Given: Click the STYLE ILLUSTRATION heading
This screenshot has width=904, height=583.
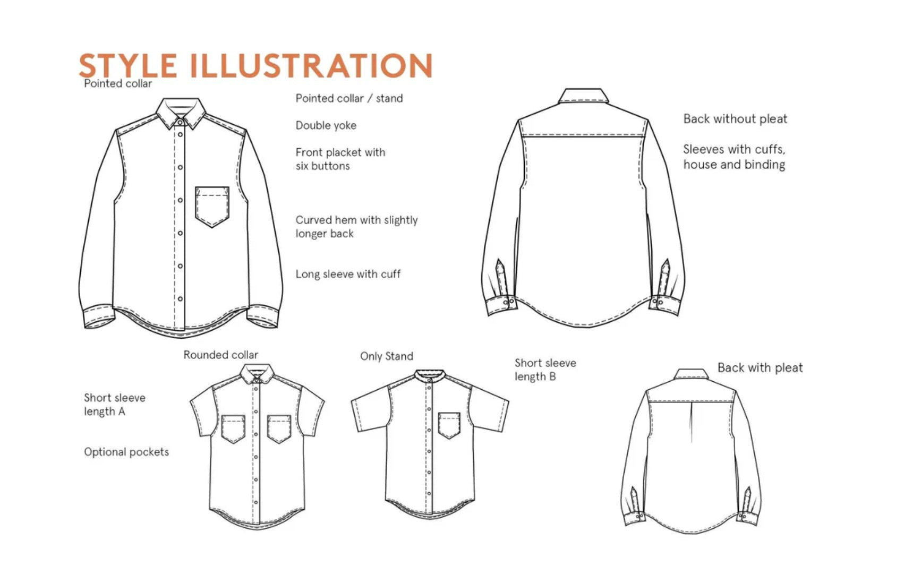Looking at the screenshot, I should coord(255,65).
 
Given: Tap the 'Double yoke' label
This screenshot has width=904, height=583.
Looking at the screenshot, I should coord(326,125).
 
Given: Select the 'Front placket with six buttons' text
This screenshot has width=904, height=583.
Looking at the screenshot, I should coord(340,159).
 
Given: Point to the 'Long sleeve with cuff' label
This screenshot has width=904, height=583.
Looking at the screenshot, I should coord(348,274).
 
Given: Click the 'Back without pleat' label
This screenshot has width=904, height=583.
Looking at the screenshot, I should coord(735,119).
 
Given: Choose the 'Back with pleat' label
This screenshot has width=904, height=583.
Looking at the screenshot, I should coord(760,367).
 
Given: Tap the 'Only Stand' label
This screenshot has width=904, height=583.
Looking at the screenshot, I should coord(386,356).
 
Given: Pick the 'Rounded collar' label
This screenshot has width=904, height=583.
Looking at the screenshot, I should coord(220,355).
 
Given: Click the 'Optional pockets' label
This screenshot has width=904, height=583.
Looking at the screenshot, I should coord(126,452).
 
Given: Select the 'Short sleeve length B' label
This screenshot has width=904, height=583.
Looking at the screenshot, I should coord(545,370).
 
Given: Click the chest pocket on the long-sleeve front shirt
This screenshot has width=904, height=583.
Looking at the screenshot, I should coord(212,206).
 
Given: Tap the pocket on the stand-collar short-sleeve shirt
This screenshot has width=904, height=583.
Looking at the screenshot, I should coord(449,425).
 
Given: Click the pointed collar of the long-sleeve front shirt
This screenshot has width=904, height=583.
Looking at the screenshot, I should coord(181,112).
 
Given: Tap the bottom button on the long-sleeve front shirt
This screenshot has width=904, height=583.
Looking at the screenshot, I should coord(181,299).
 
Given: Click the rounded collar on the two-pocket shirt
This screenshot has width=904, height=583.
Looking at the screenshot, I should coord(257,374).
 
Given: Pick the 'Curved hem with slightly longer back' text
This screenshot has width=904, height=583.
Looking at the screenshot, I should coord(356,227).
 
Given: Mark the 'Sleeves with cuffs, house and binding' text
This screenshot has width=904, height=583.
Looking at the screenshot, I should coord(734,157).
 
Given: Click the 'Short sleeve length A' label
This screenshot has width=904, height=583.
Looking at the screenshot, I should coord(114,405).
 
